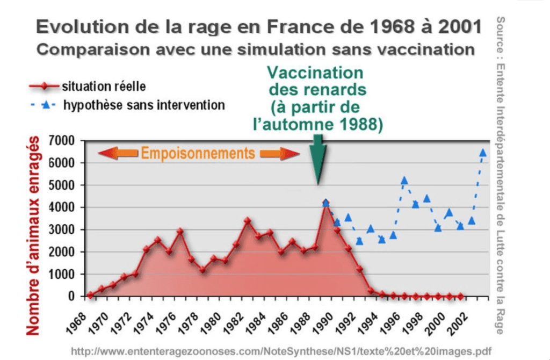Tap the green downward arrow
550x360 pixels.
(318, 161)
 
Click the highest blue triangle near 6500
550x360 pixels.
(482, 153)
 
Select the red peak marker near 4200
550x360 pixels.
(325, 203)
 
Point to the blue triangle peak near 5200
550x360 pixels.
(404, 181)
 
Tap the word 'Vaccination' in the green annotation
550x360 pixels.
(315, 73)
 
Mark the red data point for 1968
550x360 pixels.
(90, 294)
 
